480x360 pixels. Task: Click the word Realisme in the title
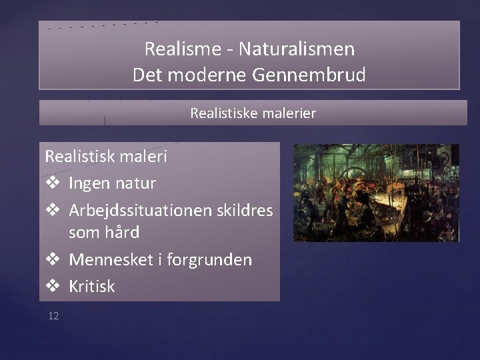(175, 49)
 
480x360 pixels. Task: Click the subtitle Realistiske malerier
(253, 113)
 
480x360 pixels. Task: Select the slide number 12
(53, 315)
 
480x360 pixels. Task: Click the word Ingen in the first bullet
(91, 183)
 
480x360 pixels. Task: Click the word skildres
(243, 210)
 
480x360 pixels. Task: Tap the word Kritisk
(92, 286)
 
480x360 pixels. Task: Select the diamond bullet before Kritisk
(53, 287)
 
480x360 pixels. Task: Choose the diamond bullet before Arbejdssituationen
(53, 211)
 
